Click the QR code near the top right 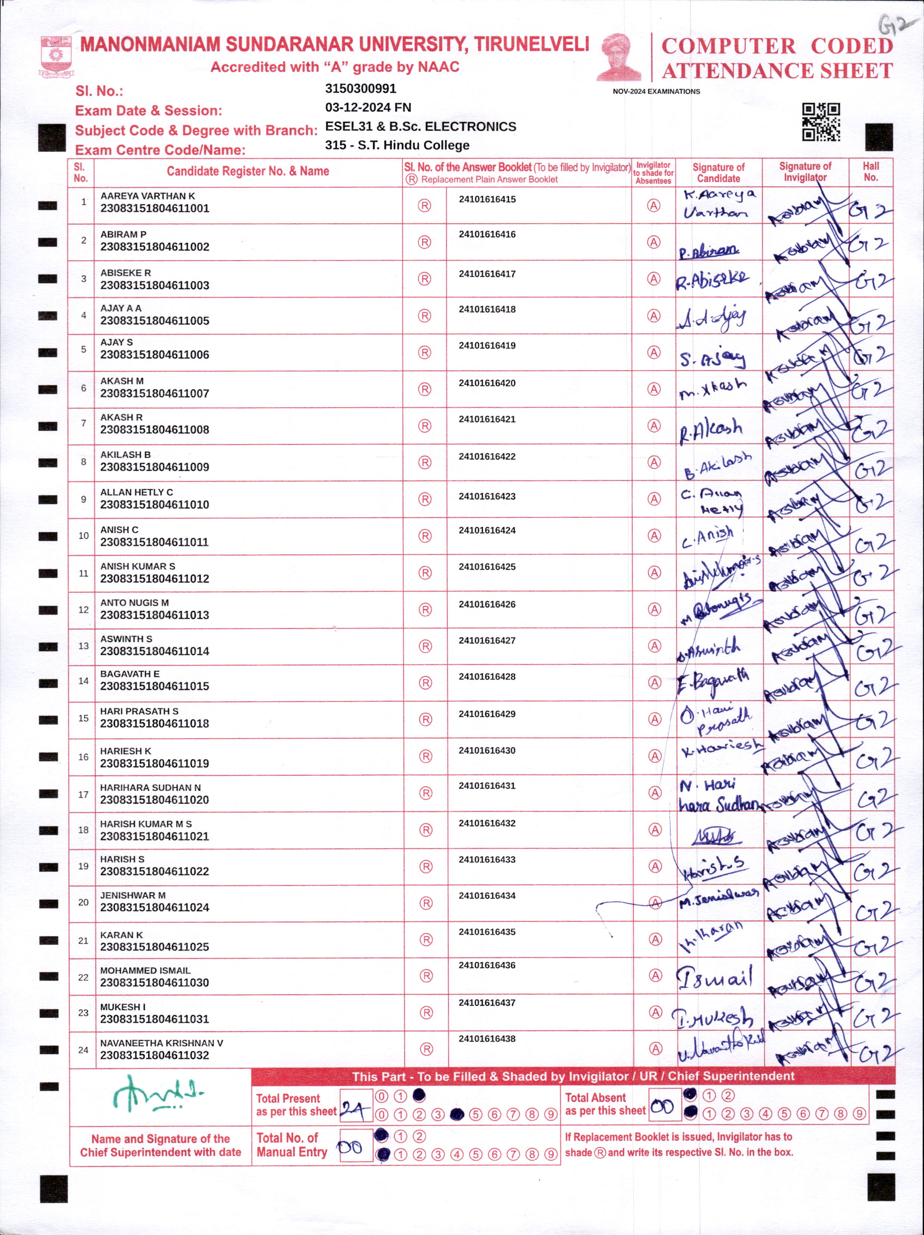click(821, 122)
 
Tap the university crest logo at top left click(55, 56)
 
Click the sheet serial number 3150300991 click(360, 88)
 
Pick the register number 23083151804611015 click(154, 686)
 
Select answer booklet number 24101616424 click(487, 531)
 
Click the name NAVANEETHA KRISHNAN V click(161, 1043)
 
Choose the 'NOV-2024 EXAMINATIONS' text click(656, 91)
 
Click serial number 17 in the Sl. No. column click(83, 794)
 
